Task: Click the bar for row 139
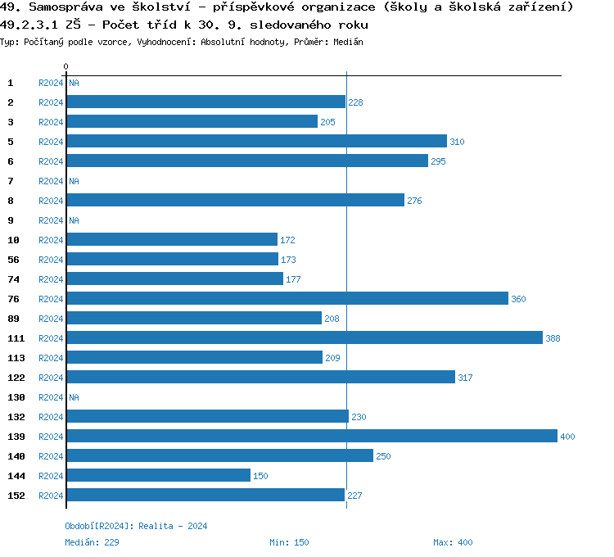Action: point(312,437)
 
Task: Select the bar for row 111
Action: point(305,338)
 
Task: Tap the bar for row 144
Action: point(159,476)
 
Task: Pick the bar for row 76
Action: point(287,299)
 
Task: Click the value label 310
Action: point(457,142)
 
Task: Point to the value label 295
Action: point(438,161)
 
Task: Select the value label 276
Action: point(414,201)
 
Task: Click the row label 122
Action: point(16,378)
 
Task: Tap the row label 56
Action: point(13,260)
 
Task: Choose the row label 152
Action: point(16,496)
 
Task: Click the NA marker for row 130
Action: point(74,397)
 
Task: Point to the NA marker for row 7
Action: point(74,181)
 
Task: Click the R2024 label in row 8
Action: point(51,201)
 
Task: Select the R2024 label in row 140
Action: point(51,456)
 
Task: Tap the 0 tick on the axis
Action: point(66,66)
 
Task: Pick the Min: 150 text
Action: point(289,542)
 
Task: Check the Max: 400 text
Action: point(453,542)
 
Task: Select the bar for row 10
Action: point(172,240)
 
